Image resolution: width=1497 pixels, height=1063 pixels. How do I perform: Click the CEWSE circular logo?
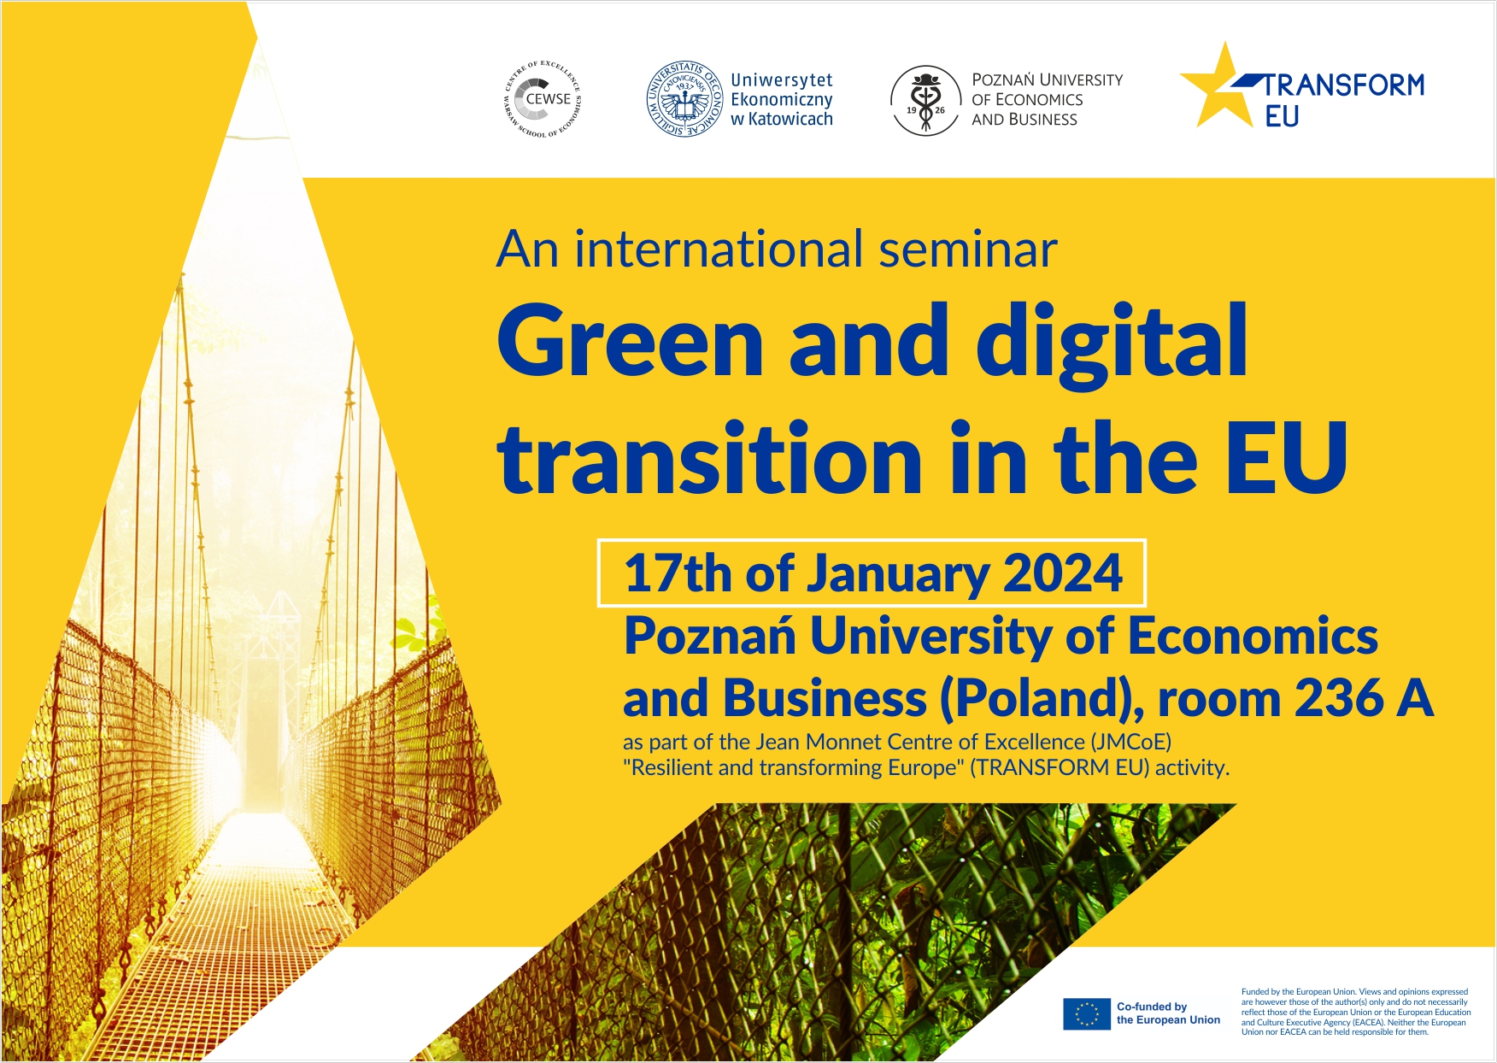tap(543, 99)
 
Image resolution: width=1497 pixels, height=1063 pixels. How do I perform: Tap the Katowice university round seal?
tap(684, 99)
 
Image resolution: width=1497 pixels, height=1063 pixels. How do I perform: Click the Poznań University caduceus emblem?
tap(925, 101)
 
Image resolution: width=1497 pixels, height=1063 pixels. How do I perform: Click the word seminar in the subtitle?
tap(968, 250)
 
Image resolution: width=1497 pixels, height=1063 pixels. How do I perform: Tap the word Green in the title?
tap(631, 342)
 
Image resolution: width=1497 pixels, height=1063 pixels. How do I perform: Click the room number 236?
tap(1340, 699)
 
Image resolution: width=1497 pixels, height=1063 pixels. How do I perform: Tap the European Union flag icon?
tap(1087, 1013)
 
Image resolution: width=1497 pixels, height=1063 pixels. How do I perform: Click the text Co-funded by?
tap(1152, 1007)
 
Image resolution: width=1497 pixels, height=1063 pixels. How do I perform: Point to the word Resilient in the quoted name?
tap(672, 767)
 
